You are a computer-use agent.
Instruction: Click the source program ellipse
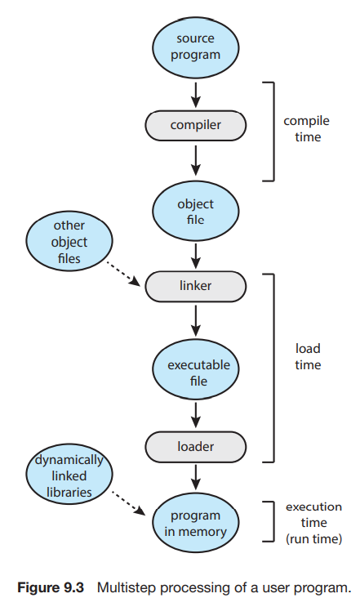(x=195, y=47)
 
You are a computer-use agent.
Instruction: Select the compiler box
(x=195, y=126)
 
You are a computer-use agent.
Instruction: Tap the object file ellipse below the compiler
(x=195, y=212)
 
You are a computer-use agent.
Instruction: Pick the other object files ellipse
(x=69, y=241)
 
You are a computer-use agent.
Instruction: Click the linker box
(x=195, y=286)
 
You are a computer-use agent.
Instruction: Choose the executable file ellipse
(x=195, y=370)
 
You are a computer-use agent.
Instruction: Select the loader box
(x=195, y=447)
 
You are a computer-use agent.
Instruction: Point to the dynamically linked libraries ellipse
(x=69, y=474)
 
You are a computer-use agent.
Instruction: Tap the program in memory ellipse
(x=195, y=523)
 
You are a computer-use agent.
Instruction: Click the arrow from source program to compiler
(x=196, y=95)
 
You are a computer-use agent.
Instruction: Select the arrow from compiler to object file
(x=196, y=160)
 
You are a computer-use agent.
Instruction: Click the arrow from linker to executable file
(x=196, y=320)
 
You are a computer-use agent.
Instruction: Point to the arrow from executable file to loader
(x=196, y=415)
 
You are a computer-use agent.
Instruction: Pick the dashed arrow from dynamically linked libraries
(x=129, y=503)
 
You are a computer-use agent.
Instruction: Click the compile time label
(x=307, y=129)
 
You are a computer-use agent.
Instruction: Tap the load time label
(x=308, y=356)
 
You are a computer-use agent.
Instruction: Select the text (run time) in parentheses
(x=313, y=539)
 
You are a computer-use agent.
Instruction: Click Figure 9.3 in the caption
(x=51, y=587)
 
